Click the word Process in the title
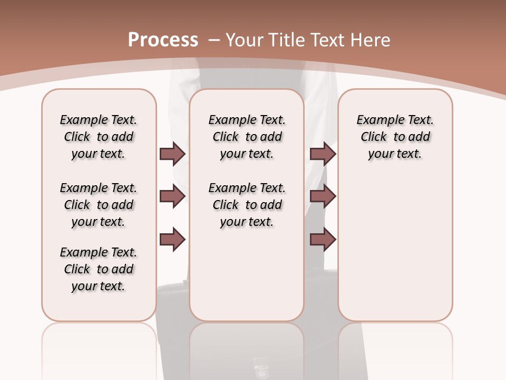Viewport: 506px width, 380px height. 163,40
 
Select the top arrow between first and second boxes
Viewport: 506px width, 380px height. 172,154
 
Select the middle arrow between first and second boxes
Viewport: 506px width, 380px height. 172,197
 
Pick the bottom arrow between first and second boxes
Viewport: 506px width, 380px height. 172,240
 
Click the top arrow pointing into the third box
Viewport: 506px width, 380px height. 323,154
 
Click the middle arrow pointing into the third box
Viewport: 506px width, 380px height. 323,196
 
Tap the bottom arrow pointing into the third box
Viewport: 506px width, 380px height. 323,240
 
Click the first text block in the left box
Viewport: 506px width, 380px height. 99,137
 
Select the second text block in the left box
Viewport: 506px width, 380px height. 99,205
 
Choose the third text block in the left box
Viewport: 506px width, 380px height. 99,269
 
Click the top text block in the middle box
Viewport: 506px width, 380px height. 247,137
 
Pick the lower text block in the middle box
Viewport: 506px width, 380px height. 247,205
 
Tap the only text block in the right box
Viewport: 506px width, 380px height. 395,137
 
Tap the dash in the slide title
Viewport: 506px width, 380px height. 214,40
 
